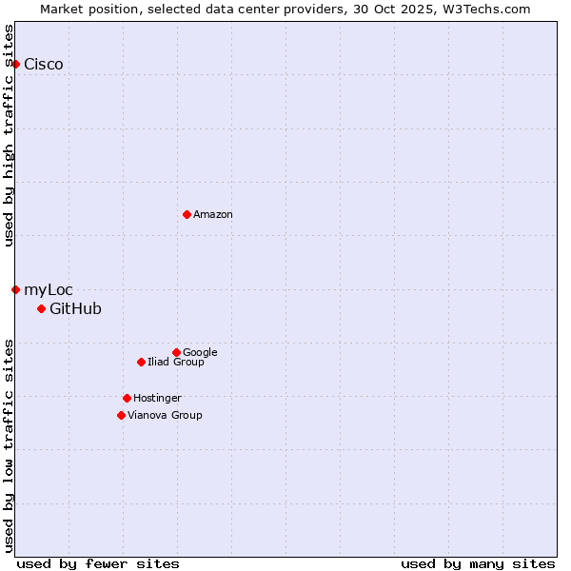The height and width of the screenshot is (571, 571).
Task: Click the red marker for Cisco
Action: coord(16,64)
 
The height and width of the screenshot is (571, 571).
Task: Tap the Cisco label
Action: coord(44,65)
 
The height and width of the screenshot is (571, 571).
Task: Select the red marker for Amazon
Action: coord(187,214)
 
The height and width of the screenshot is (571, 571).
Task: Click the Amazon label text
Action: coord(213,215)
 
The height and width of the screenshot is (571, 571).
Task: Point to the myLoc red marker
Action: coord(16,289)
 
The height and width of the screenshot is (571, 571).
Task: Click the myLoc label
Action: coord(49,290)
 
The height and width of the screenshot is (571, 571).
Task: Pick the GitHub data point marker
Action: coord(41,308)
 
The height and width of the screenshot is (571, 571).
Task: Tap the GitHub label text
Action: coord(75,309)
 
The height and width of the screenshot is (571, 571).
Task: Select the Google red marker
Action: coord(176,352)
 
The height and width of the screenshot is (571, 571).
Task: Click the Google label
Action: coord(200,353)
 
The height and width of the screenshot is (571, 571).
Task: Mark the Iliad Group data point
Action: coord(141,362)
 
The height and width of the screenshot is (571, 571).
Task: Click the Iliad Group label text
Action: coord(176,363)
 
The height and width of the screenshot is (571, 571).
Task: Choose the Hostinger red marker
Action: coord(127,398)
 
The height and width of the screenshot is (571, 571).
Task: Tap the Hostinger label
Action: coord(157,399)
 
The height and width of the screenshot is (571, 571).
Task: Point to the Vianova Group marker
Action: coord(121,415)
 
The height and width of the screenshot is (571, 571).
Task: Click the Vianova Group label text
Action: coord(165,416)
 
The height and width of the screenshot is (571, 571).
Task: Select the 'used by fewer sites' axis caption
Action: coord(98,563)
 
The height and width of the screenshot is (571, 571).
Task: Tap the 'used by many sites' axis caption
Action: coord(478,563)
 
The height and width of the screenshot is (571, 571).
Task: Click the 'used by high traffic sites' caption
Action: coord(10,135)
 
